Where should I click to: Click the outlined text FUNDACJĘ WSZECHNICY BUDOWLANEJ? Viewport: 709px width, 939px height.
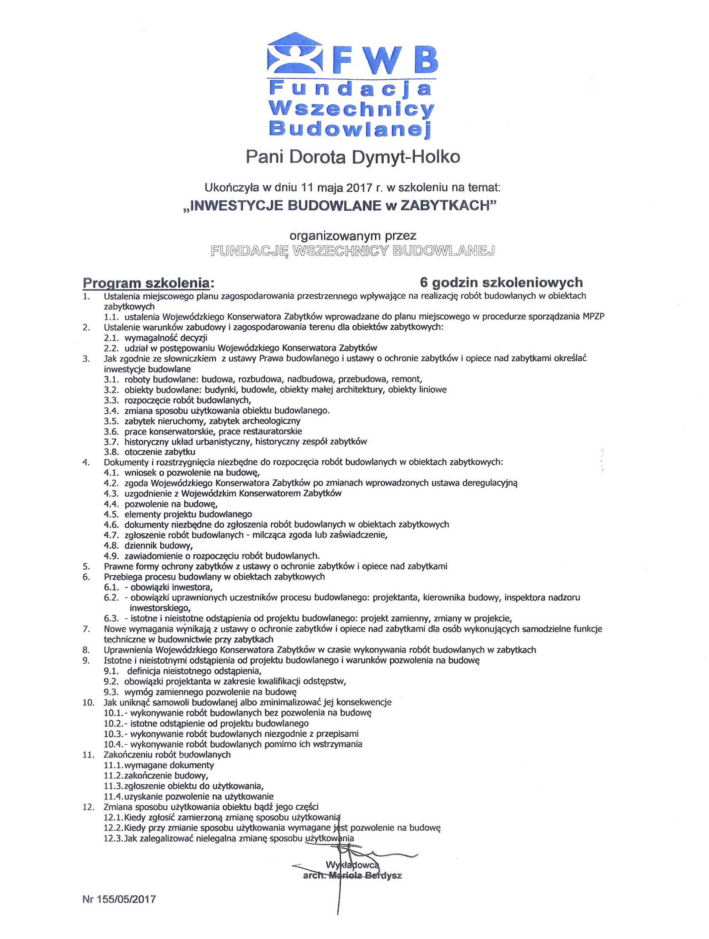point(352,251)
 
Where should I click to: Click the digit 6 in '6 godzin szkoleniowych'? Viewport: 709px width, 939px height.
point(424,283)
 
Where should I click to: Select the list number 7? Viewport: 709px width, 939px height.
point(86,629)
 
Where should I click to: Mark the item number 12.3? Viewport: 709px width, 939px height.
point(113,838)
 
